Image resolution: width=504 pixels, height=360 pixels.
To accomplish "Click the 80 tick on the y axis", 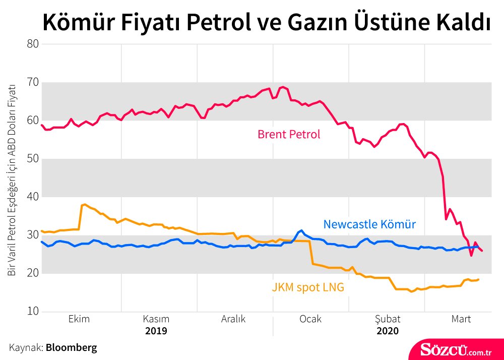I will click(32, 44).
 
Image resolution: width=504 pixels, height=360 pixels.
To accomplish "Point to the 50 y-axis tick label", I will click(32, 159).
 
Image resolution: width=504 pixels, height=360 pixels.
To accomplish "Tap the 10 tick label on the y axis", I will click(32, 312).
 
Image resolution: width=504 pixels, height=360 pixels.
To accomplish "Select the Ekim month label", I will click(79, 319).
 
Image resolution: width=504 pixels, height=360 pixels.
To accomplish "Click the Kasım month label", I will click(156, 319).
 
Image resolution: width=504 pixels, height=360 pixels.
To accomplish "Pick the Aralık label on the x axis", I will click(233, 319).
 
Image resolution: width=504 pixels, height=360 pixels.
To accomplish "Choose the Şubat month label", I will click(388, 319).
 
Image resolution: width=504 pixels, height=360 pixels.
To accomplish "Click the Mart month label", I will click(461, 319).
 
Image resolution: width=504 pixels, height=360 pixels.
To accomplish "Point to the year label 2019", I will click(156, 331).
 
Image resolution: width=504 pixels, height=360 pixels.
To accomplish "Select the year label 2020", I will click(388, 331).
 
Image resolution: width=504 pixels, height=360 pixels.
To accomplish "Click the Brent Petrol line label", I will click(289, 135).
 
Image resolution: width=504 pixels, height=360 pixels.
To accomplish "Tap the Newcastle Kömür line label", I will click(369, 224).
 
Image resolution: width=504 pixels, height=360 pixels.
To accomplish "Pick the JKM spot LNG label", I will click(308, 288).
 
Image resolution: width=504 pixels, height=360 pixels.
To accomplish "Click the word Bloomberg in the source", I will click(72, 347).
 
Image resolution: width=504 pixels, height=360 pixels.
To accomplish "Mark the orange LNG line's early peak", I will click(84, 204).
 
